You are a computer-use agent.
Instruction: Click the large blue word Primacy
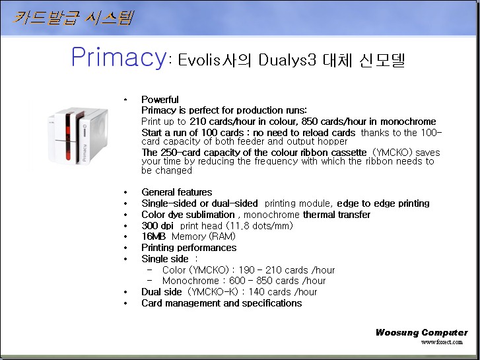[x=119, y=57]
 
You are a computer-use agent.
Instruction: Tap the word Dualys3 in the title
[x=287, y=59]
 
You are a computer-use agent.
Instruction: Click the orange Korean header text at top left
[x=73, y=18]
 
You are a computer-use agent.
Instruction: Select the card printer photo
[x=78, y=135]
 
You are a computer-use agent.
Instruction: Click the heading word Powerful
[x=160, y=100]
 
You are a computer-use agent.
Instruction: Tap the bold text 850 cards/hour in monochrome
[x=368, y=122]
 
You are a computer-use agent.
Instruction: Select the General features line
[x=177, y=192]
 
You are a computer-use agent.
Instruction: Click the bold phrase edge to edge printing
[x=383, y=203]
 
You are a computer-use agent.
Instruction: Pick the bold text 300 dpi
[x=157, y=226]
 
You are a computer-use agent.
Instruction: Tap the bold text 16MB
[x=153, y=236]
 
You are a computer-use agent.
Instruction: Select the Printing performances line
[x=189, y=248]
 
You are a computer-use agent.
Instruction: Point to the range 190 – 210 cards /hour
[x=287, y=270]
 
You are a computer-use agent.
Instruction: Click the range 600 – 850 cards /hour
[x=277, y=281]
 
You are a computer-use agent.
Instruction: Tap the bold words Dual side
[x=162, y=292]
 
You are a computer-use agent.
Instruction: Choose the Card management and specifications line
[x=222, y=303]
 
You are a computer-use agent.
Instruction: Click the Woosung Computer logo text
[x=421, y=332]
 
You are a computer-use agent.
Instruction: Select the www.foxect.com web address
[x=442, y=342]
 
